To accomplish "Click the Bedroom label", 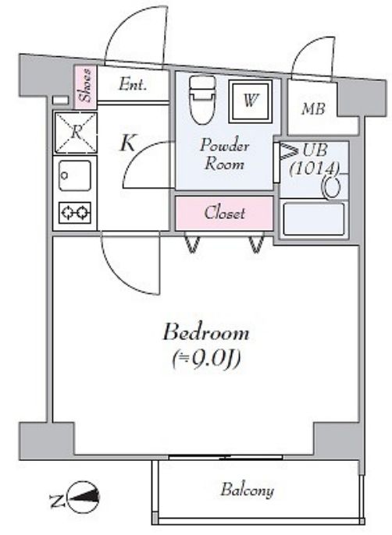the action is (206, 332).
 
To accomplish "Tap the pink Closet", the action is (225, 213).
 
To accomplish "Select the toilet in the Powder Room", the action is (203, 99).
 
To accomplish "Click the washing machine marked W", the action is (251, 101).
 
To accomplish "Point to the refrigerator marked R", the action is (76, 133).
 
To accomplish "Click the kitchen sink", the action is (75, 175).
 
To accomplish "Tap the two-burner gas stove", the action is (75, 213).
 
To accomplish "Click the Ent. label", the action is (133, 84).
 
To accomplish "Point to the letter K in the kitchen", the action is (128, 143).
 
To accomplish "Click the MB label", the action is (313, 109).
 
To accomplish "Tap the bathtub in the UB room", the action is (313, 218).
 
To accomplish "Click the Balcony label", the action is (247, 491).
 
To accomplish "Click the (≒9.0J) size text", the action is (206, 360).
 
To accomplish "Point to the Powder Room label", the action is (224, 154).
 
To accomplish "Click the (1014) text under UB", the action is (314, 168).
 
